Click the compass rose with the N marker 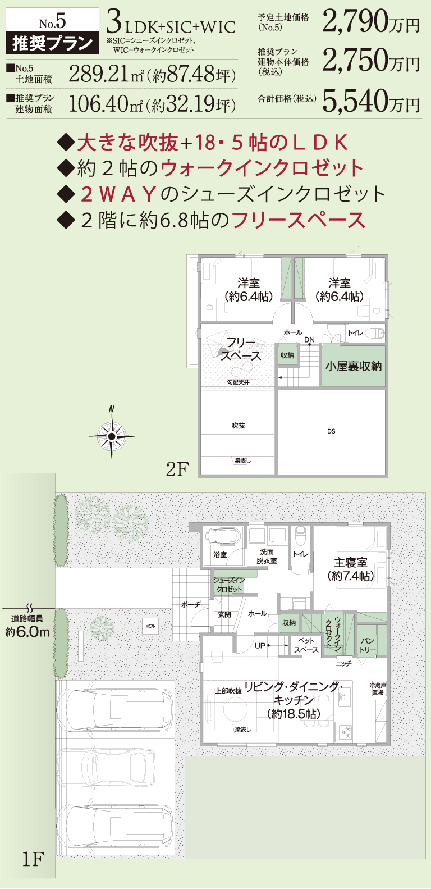coord(112,436)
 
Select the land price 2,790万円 coord(371,23)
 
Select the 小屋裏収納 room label coord(353,366)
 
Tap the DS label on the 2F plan coord(331,431)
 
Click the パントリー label coord(368,645)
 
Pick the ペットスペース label coord(306,645)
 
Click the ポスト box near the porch coord(150,626)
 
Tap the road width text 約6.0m coord(27,632)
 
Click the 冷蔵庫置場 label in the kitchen coord(378,689)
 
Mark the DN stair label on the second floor coord(309,340)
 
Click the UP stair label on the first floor coord(260,646)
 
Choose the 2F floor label coord(177,469)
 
